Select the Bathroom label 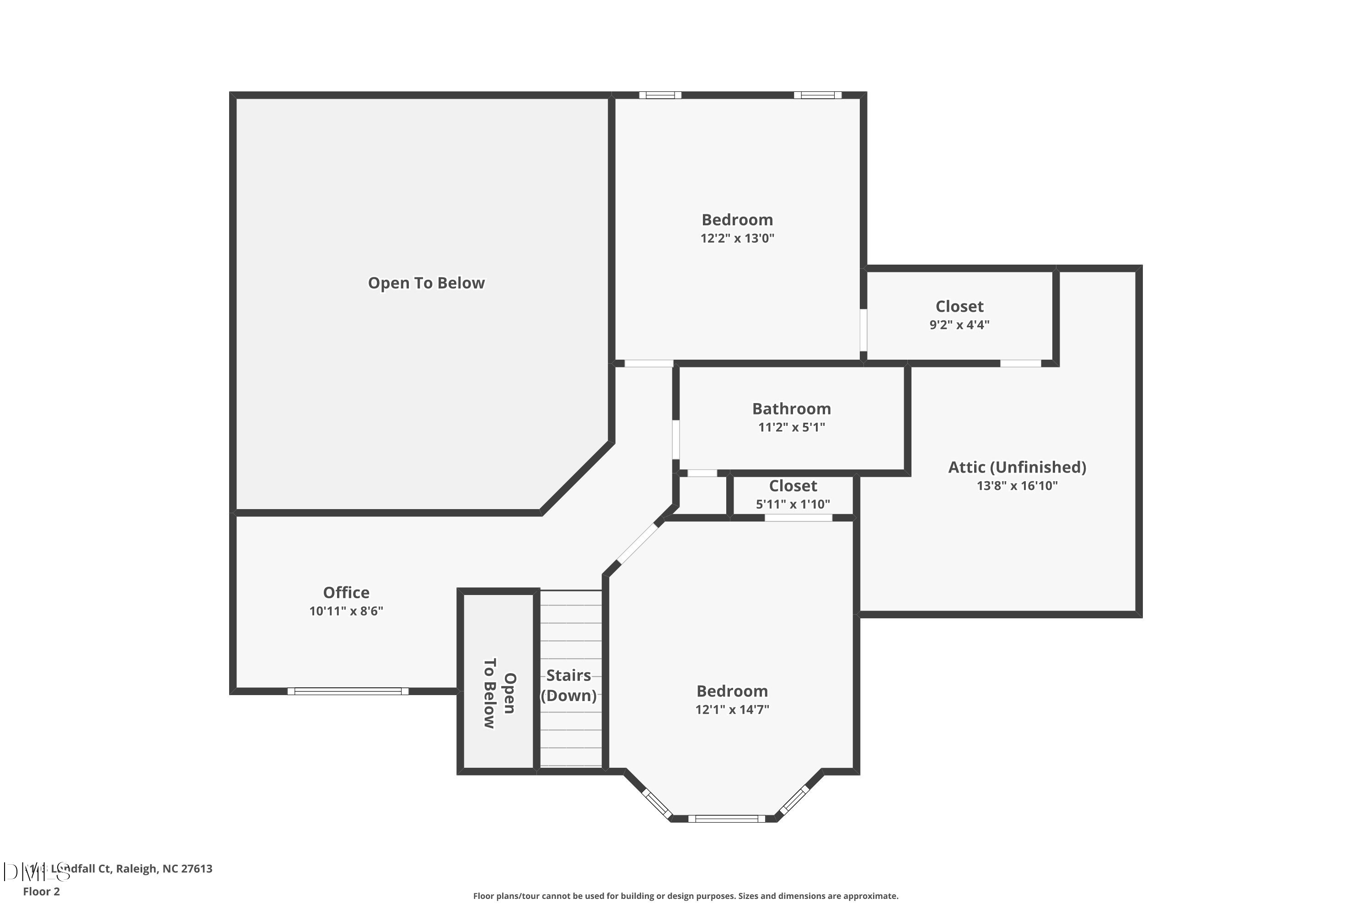pos(791,409)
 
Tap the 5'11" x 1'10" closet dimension pos(792,504)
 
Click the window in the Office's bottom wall pos(348,691)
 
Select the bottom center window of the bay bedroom pos(726,818)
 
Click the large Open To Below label pos(426,283)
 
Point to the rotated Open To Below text pos(499,693)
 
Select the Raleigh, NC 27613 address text pos(164,869)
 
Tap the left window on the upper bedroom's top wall pos(660,95)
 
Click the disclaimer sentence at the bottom pos(686,896)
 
